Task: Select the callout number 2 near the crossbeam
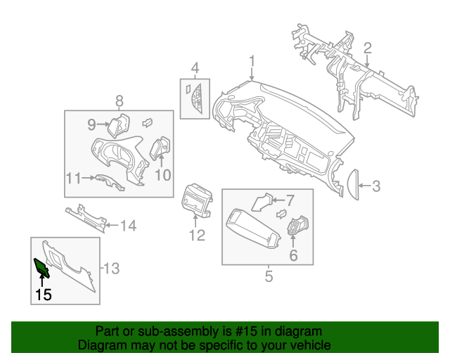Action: (367, 48)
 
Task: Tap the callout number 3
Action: (376, 186)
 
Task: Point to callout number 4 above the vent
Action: (195, 68)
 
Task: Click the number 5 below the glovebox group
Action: (269, 276)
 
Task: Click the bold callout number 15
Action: (44, 295)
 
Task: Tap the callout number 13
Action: (112, 268)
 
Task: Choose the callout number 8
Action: (119, 101)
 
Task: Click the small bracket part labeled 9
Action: (115, 124)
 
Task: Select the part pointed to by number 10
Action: (160, 148)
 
